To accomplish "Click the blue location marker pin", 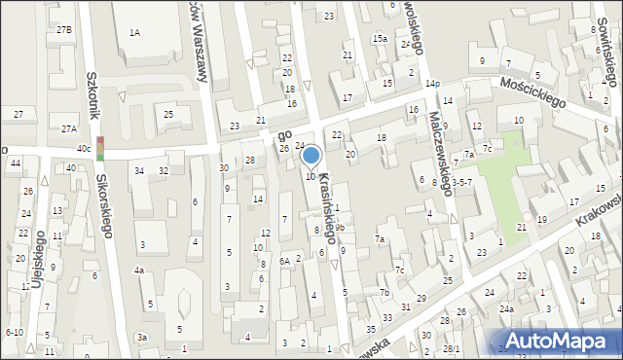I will (311, 156).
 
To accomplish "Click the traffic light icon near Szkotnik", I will (101, 148).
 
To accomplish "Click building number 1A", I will (134, 33).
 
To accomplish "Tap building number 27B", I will (64, 30).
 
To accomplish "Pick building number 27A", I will (68, 128).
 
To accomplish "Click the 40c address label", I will (84, 148).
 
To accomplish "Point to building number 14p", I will (431, 85).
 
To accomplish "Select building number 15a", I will (380, 38).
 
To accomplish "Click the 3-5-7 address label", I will (462, 182).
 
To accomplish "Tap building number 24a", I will (506, 309).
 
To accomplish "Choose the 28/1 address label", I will (451, 348).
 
